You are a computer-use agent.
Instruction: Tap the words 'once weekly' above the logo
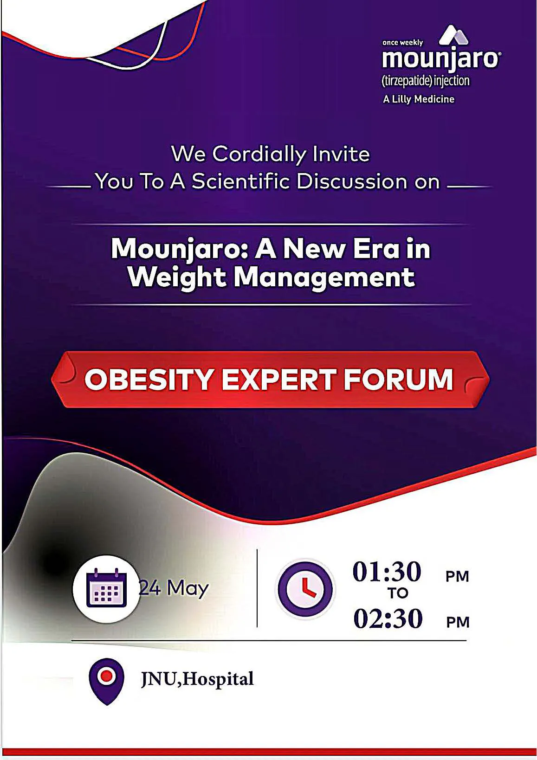[x=402, y=43]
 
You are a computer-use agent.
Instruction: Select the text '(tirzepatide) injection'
[x=426, y=81]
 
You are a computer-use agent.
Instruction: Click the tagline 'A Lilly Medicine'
[x=419, y=99]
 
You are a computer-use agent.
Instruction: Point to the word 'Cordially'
[x=259, y=155]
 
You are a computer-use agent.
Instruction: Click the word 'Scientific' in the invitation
[x=240, y=181]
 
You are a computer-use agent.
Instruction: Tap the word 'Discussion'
[x=351, y=181]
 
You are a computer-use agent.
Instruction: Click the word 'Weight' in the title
[x=177, y=278]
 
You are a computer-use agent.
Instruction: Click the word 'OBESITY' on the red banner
[x=149, y=380]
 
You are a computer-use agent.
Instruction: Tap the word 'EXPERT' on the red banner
[x=278, y=380]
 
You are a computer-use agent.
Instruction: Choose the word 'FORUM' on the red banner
[x=399, y=380]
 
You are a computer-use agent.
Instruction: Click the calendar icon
[x=107, y=588]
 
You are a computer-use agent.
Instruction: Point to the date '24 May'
[x=174, y=588]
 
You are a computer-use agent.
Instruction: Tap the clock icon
[x=305, y=589]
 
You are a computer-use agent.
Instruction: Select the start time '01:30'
[x=387, y=572]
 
